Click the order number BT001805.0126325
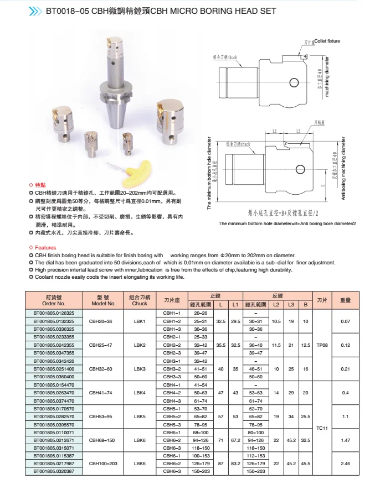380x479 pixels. [54, 313]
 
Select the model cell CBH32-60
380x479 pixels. [101, 368]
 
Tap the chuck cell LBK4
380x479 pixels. [139, 392]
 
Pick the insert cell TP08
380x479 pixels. [322, 345]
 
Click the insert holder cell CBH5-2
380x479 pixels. [172, 416]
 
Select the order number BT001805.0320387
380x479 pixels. [54, 471]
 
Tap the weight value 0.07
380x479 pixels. [346, 321]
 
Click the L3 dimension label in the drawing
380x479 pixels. [299, 131]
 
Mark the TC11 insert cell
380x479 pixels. [322, 428]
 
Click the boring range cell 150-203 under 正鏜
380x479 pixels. [201, 471]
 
